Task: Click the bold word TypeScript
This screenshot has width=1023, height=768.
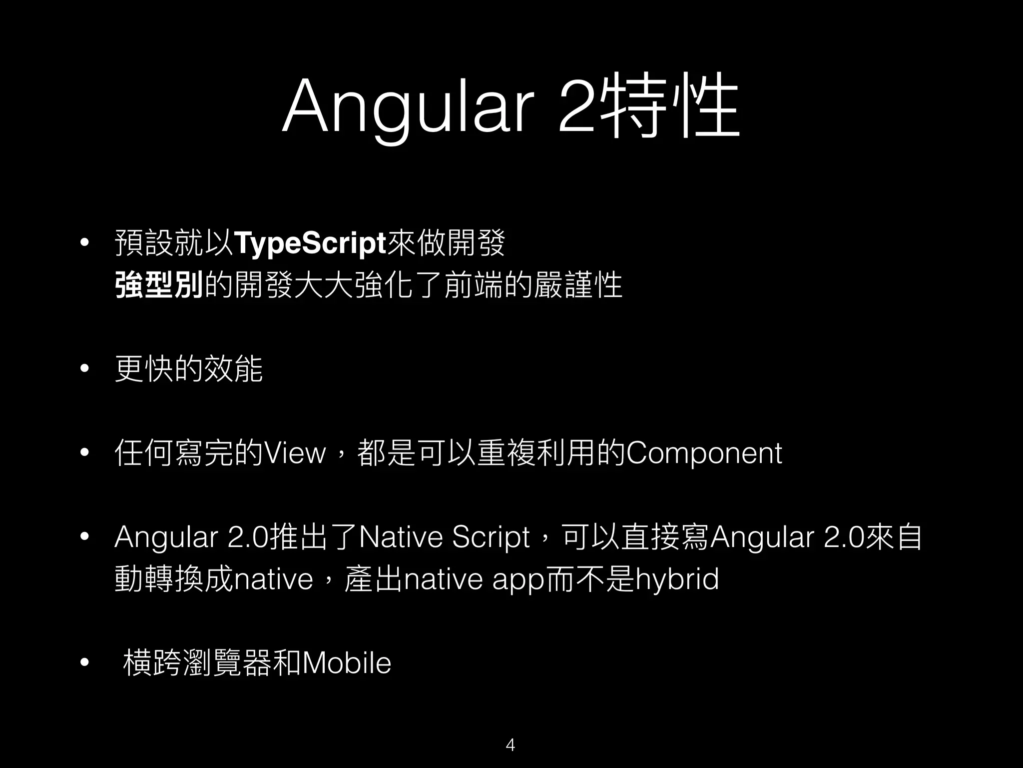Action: [x=310, y=243]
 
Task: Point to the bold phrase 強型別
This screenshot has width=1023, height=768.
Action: [x=159, y=286]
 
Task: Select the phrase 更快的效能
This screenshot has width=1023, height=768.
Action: [x=189, y=369]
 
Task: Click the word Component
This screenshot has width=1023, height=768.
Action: [x=704, y=453]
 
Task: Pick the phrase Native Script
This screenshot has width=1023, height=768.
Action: [x=444, y=537]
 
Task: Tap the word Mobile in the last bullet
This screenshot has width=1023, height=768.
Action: [x=347, y=663]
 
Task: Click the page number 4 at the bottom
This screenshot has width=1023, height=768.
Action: [x=511, y=744]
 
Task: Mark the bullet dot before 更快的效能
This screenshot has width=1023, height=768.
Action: [x=84, y=369]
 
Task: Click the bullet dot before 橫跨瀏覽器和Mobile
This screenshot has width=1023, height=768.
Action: [x=84, y=663]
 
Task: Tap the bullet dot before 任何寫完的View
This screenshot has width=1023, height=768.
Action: [x=84, y=453]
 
